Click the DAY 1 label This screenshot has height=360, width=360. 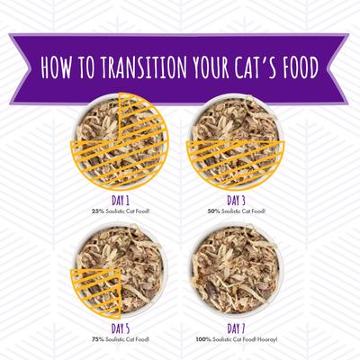pyautogui.click(x=121, y=200)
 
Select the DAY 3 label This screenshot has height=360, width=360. pyautogui.click(x=236, y=200)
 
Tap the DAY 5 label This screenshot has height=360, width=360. pyautogui.click(x=121, y=328)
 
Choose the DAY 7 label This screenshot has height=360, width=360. pyautogui.click(x=236, y=328)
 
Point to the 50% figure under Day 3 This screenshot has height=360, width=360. pyautogui.click(x=213, y=211)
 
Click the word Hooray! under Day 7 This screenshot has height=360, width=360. pyautogui.click(x=268, y=340)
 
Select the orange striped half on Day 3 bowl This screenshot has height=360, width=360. pyautogui.click(x=236, y=162)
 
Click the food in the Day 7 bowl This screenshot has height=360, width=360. pyautogui.click(x=236, y=268)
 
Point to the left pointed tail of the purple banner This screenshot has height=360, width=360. pyautogui.click(x=20, y=69)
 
